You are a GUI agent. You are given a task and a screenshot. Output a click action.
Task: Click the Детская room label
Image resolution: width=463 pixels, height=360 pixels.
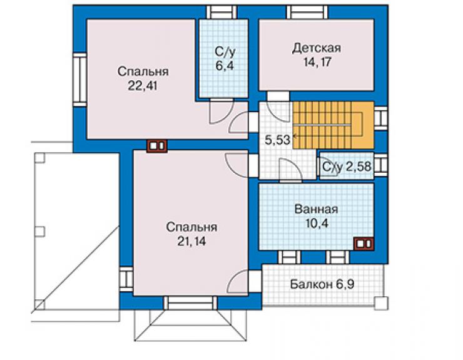[x=317, y=48]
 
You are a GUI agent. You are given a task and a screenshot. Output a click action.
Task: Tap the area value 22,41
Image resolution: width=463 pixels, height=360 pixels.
[x=143, y=86]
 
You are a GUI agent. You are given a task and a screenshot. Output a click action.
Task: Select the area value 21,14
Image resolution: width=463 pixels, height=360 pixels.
[x=191, y=242]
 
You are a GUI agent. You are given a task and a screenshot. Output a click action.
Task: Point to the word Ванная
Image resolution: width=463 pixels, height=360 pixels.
[x=316, y=209]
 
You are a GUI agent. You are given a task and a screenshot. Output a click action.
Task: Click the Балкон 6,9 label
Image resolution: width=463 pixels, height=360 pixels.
[x=322, y=284]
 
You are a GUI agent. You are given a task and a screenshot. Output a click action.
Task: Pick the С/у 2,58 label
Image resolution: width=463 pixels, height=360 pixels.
[x=347, y=167]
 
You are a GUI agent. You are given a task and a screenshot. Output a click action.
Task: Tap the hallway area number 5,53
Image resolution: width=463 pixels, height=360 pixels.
[x=278, y=140]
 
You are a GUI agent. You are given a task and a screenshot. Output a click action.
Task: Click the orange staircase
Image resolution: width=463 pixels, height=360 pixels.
[x=333, y=125]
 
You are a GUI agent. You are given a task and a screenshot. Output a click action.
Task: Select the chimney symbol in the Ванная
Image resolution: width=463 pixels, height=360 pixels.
[x=364, y=244]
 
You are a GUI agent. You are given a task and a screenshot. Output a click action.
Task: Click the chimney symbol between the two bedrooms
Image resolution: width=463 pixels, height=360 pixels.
[x=157, y=146]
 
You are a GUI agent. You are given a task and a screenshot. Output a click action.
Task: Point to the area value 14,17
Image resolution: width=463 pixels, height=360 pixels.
[x=317, y=63]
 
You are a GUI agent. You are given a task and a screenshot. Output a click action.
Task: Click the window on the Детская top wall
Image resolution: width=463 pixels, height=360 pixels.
[x=307, y=12]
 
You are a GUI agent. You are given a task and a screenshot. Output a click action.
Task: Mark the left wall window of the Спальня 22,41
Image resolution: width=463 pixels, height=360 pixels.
[x=79, y=80]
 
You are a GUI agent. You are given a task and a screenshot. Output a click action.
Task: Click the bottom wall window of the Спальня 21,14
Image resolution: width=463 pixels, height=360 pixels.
[x=190, y=303]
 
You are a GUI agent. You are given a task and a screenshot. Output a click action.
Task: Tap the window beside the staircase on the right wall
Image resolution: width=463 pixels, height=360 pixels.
[x=380, y=118]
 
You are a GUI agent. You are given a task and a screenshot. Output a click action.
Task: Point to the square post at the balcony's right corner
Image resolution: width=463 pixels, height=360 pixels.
[x=381, y=303]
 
